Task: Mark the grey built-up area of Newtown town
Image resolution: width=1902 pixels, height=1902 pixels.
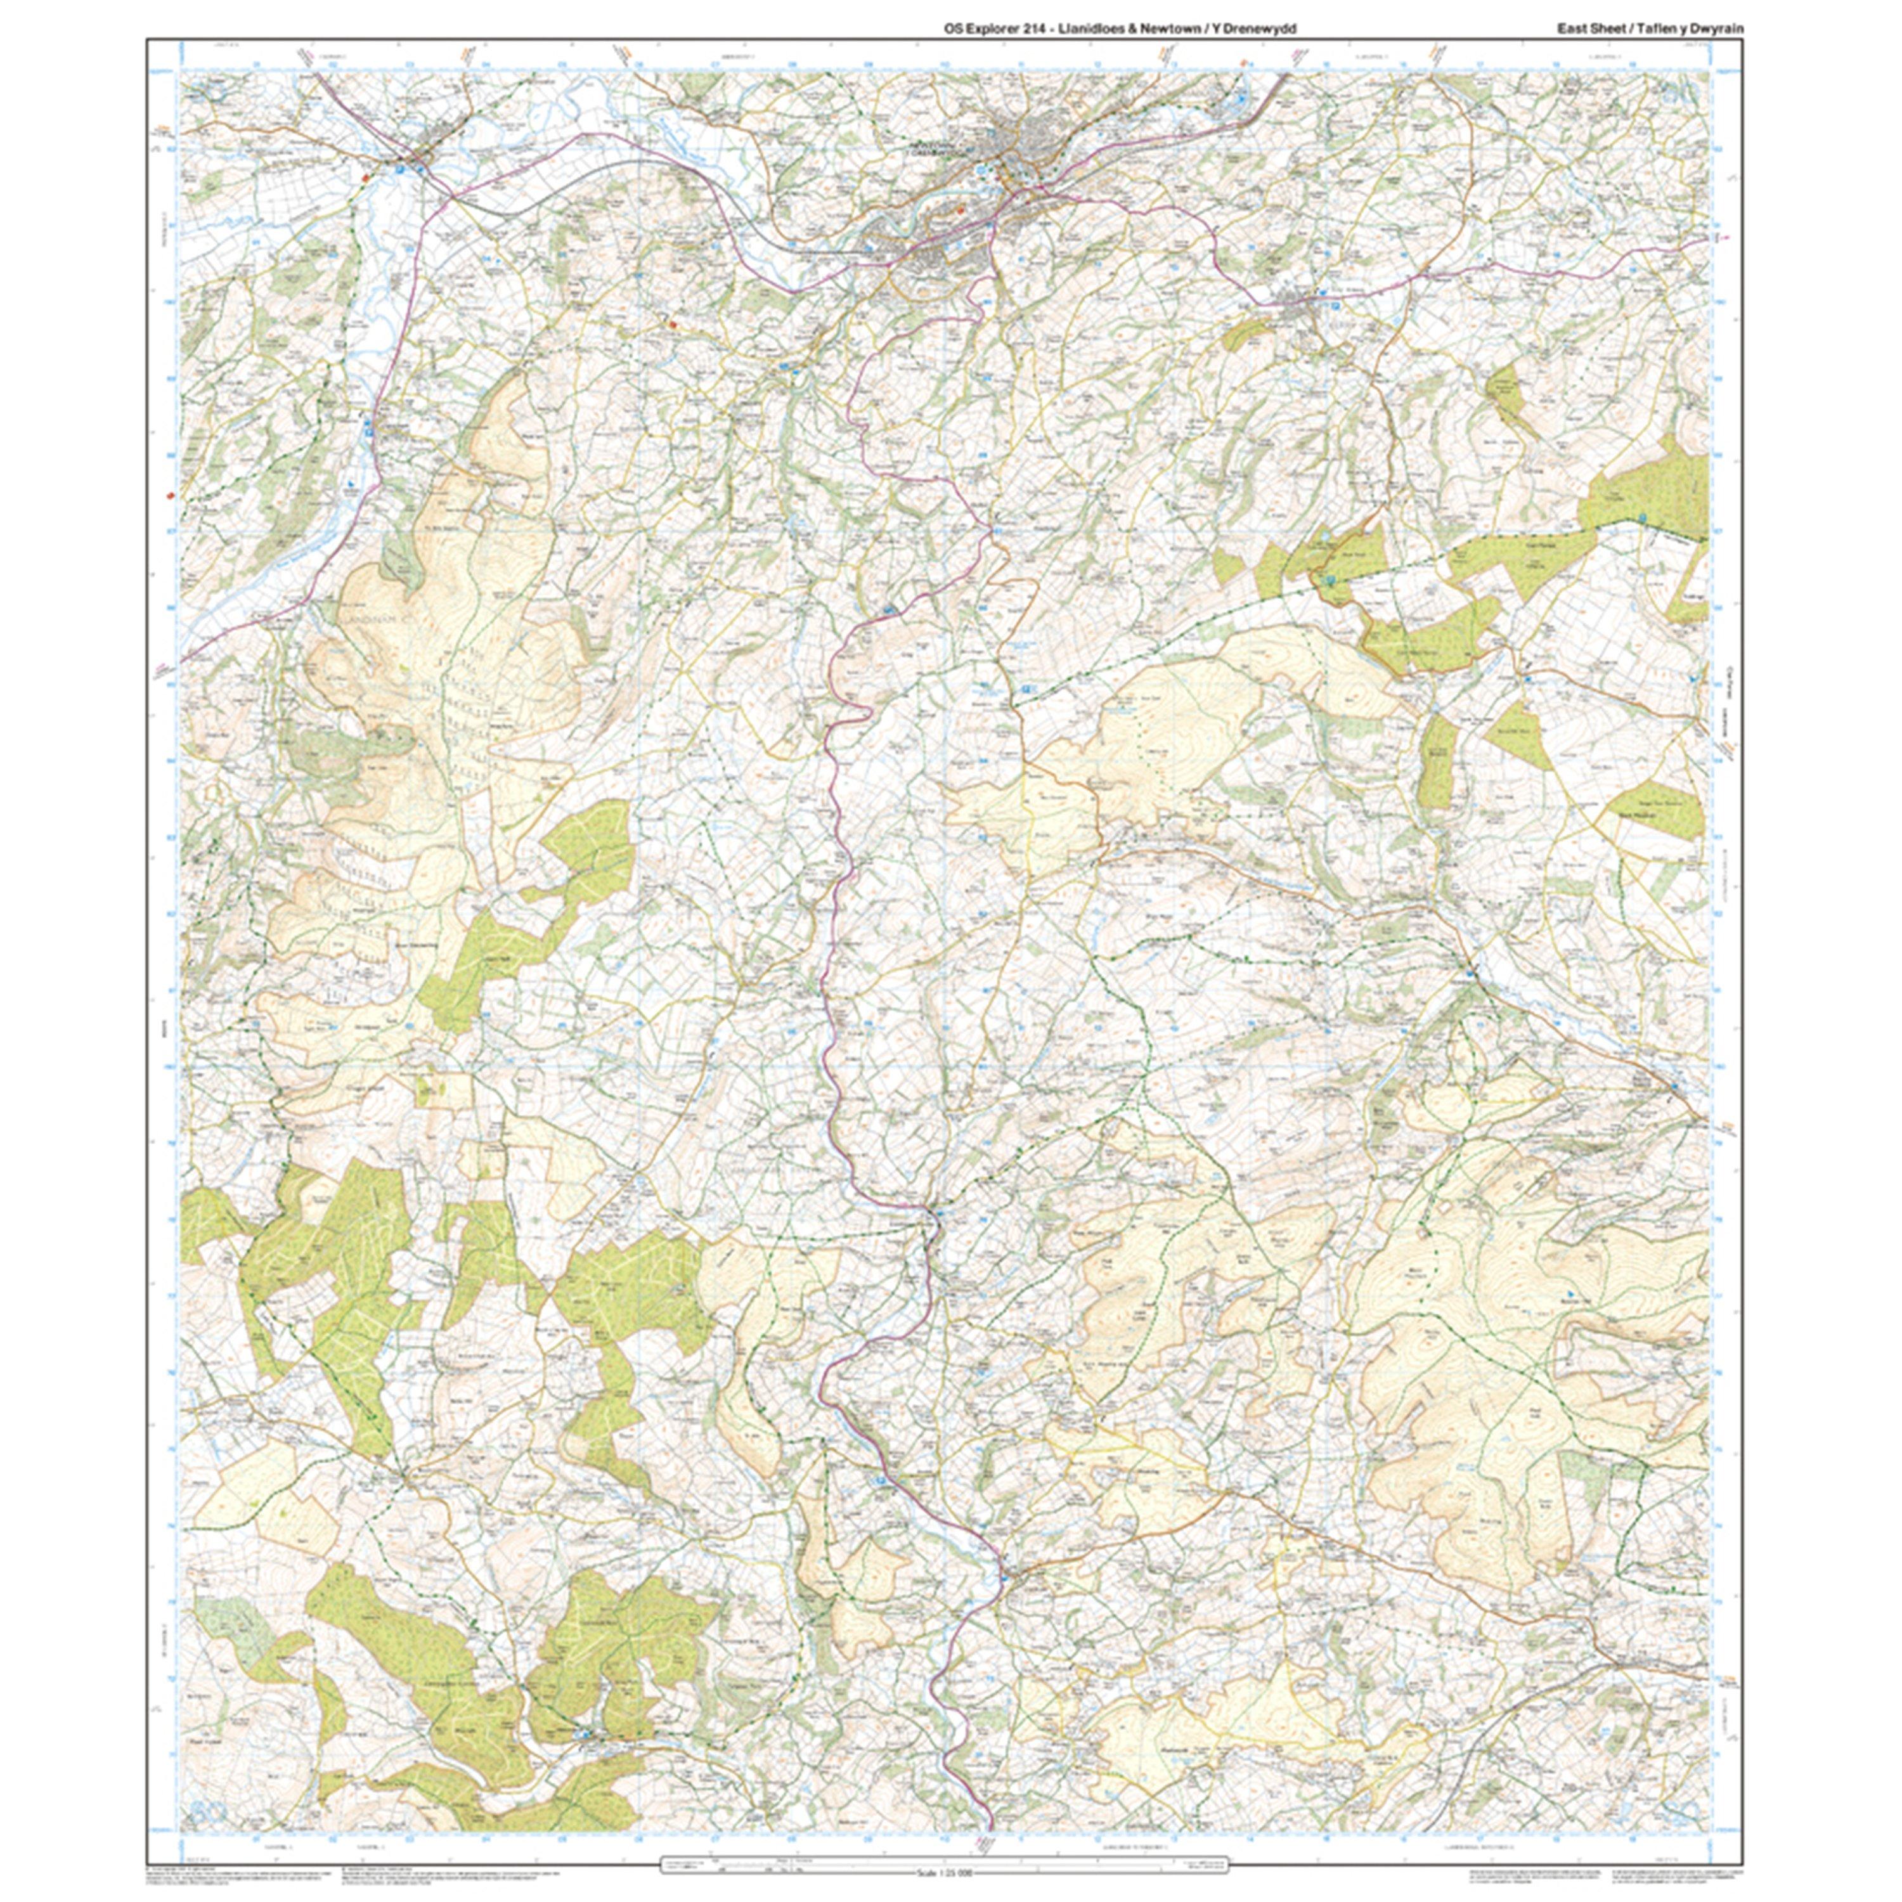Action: pyautogui.click(x=1024, y=148)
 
